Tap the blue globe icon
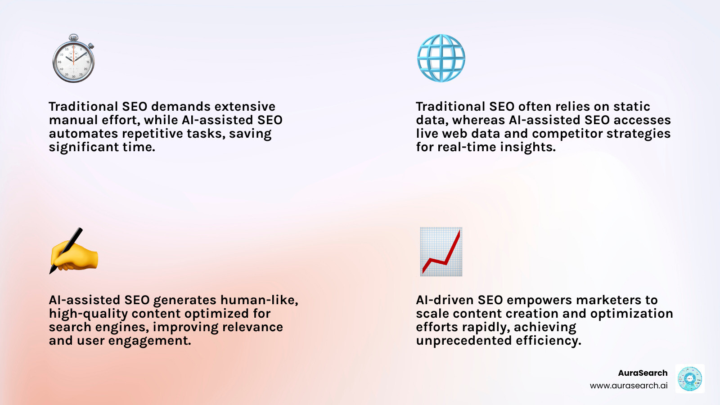coord(441,58)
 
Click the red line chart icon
coord(441,252)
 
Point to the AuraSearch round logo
coord(689,379)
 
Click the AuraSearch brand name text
coord(643,373)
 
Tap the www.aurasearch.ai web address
coord(629,386)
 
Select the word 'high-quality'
coord(89,314)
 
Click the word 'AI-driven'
coord(445,300)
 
